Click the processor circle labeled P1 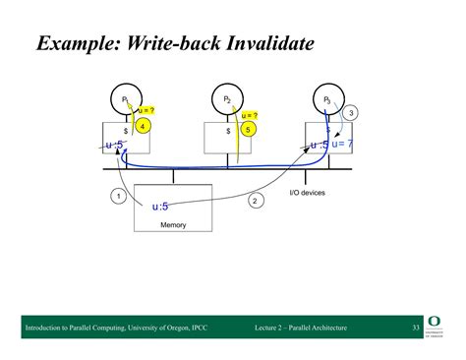coord(126,100)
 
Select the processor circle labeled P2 coord(227,100)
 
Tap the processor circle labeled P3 coord(327,100)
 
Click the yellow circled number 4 coord(144,127)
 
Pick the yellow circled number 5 coord(249,129)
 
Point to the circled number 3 coord(351,113)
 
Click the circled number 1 coord(119,197)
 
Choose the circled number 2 coord(255,201)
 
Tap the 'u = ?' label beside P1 coord(147,111)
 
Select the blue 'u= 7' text coord(343,146)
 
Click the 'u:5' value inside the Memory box coord(160,207)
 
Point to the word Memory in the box coord(173,225)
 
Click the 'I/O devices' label coord(308,193)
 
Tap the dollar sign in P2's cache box coord(228,130)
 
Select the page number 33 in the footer coord(416,326)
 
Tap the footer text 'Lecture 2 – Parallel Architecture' coord(300,326)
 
